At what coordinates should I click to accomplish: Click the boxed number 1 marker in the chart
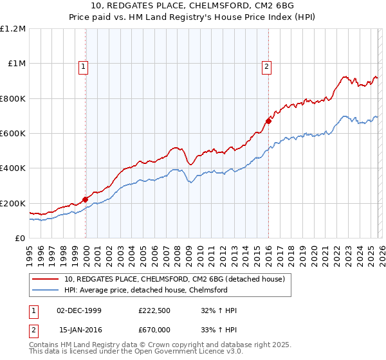84,65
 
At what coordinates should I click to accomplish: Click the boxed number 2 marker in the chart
266,65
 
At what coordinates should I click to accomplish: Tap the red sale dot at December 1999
85,199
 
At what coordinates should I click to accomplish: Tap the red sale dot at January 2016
268,121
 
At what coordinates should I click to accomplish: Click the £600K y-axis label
14,134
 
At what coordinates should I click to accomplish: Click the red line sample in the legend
45,279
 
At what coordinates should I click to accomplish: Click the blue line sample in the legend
45,290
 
